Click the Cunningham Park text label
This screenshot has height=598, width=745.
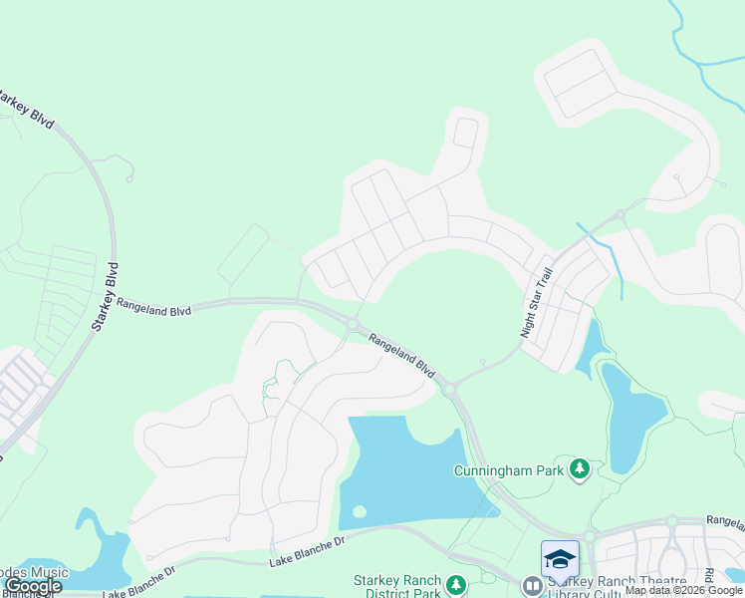click(509, 470)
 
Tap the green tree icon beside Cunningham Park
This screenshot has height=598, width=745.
click(579, 468)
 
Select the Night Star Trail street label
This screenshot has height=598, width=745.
click(536, 303)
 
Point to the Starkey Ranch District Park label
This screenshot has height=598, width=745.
click(397, 587)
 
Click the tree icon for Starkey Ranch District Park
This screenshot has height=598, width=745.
click(455, 585)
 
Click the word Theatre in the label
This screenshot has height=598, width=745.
click(657, 582)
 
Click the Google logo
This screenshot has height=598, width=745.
click(33, 586)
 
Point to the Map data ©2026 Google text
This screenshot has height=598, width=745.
click(683, 590)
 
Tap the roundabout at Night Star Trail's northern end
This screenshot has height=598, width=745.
click(620, 213)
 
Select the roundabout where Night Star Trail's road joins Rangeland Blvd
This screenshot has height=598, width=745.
click(450, 388)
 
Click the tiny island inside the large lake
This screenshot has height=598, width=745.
click(359, 512)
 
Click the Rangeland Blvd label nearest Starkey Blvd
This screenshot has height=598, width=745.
click(153, 305)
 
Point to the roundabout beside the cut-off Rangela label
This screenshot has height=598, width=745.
click(672, 520)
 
